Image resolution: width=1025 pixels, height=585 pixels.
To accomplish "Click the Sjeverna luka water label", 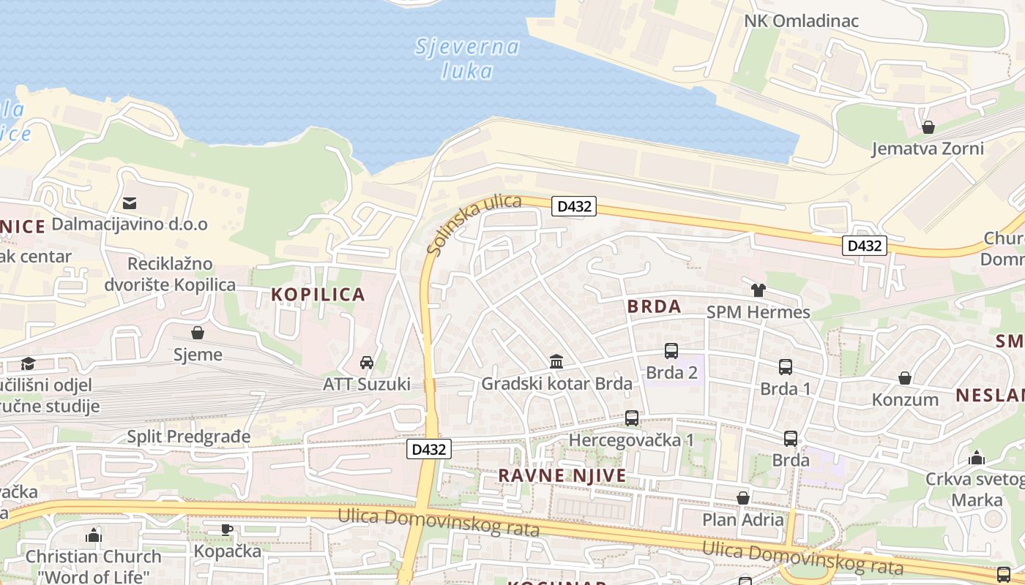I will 467,58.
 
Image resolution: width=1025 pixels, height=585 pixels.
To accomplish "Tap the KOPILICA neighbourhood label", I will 318,295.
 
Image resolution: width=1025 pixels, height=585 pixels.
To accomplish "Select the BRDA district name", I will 654,306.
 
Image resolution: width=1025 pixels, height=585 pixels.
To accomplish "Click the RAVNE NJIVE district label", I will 562,476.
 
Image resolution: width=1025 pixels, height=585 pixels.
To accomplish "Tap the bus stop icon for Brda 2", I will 671,351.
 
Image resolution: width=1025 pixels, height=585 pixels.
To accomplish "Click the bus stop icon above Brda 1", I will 786,367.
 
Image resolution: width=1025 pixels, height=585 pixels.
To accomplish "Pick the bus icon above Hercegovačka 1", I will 632,418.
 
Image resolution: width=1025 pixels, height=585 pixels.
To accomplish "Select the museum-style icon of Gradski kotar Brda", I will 556,362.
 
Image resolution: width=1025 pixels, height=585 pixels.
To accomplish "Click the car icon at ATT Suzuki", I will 367,363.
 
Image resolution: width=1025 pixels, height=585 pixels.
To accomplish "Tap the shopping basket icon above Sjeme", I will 198,333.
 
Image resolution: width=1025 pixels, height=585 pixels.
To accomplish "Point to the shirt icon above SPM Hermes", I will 758,290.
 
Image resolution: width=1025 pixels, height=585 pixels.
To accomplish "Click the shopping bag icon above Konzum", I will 905,378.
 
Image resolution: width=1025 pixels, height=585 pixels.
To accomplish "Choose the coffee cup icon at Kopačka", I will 227,529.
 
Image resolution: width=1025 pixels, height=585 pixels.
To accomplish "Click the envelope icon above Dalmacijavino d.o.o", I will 130,203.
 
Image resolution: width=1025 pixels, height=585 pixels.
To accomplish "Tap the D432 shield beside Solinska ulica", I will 574,206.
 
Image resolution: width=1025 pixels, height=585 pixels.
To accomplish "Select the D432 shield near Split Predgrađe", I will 428,449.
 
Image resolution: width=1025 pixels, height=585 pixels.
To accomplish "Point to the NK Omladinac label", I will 801,20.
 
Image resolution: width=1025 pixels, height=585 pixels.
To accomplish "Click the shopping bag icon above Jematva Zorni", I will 928,127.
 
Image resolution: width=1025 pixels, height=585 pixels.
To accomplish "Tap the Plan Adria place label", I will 743,520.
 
